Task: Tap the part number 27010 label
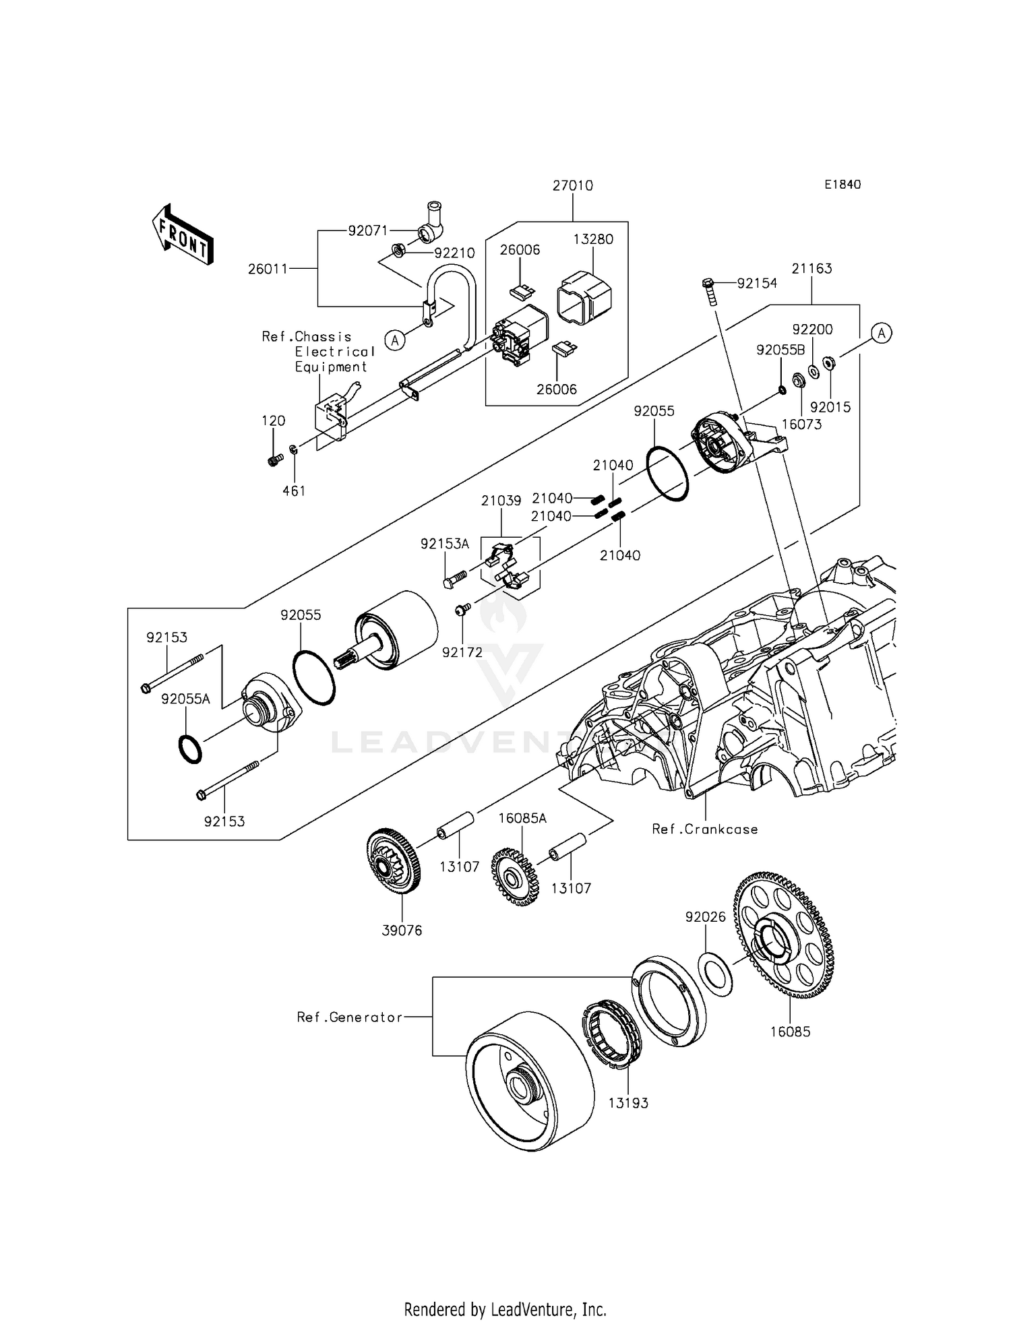tap(572, 185)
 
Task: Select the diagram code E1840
tap(842, 185)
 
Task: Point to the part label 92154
tap(757, 283)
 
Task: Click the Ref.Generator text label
tap(349, 1017)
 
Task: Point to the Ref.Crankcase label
tap(704, 829)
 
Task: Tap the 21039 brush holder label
tap(501, 501)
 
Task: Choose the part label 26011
tap(268, 269)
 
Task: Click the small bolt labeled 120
tap(274, 460)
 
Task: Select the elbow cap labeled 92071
tap(429, 223)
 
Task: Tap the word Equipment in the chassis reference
tap(330, 367)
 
